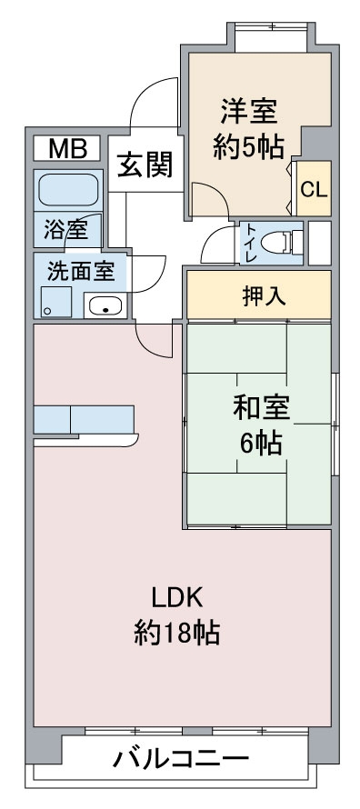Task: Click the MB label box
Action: click(x=67, y=148)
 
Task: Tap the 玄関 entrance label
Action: click(x=145, y=165)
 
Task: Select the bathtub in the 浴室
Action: click(x=68, y=190)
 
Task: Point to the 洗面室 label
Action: click(x=81, y=271)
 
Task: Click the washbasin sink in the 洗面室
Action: click(x=105, y=306)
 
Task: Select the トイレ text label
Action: click(x=251, y=243)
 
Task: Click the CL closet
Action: click(x=314, y=189)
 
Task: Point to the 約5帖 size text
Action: click(x=248, y=147)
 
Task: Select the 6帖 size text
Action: click(x=260, y=443)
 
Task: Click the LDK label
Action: click(x=177, y=598)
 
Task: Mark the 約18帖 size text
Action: click(x=177, y=633)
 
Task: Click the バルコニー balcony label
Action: click(x=181, y=759)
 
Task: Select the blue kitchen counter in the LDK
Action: click(x=84, y=419)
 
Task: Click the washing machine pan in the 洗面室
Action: click(x=57, y=302)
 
